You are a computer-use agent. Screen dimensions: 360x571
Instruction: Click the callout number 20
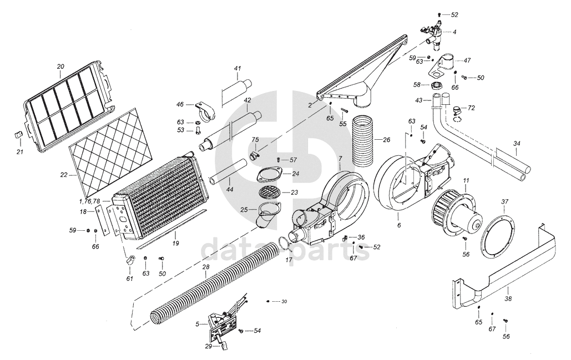[60, 67]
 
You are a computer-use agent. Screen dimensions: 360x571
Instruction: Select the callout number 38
[509, 298]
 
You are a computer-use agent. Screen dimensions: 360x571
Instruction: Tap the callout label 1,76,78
[89, 200]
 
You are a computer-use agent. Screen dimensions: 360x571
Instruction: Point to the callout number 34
[517, 144]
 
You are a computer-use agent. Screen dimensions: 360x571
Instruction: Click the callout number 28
[205, 267]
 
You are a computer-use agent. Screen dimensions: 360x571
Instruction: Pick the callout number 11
[466, 180]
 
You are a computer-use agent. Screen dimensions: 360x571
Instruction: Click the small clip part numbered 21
[17, 135]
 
